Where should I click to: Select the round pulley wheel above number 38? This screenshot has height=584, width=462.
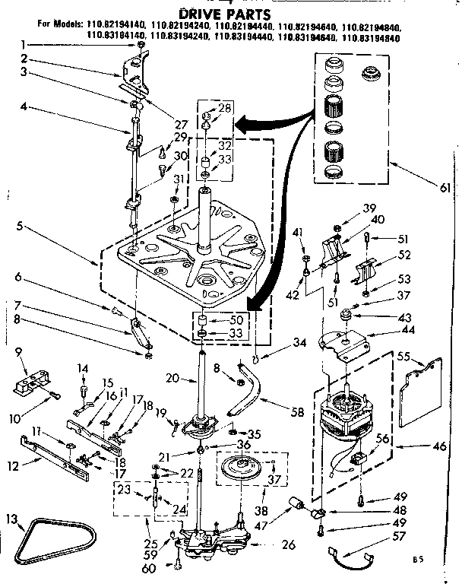(x=246, y=467)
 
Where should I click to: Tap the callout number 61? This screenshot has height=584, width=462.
(x=445, y=188)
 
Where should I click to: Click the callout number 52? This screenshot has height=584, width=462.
(x=404, y=255)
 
